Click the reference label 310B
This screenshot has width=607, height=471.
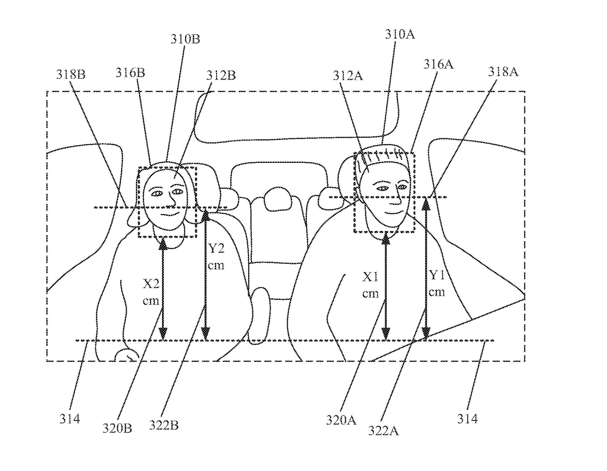tap(185, 40)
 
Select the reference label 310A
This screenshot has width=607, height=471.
tap(400, 34)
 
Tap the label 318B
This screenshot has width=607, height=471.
tap(70, 74)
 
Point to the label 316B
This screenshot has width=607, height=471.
tap(130, 73)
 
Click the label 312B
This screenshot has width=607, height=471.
tap(221, 75)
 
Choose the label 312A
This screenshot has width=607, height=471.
tap(348, 75)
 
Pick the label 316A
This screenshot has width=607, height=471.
tap(438, 65)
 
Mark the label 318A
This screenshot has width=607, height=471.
tap(503, 72)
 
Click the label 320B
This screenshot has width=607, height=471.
tap(117, 428)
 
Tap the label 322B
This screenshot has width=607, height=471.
tap(164, 426)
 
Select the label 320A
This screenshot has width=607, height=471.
tap(341, 420)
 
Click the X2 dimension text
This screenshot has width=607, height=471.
tap(151, 292)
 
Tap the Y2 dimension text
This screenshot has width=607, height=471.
tap(216, 257)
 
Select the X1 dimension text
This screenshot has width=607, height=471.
tap(370, 285)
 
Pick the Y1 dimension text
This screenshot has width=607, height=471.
tap(437, 283)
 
